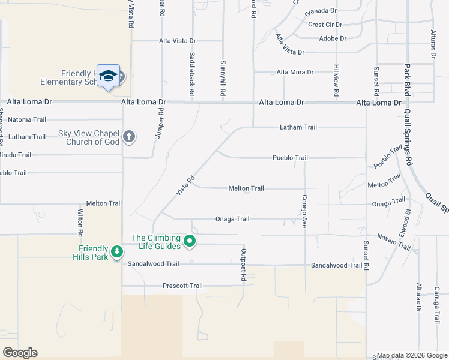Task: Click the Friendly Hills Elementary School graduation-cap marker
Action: pos(108,76)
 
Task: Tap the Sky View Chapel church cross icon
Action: pos(128,137)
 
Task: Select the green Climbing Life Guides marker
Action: pos(190,242)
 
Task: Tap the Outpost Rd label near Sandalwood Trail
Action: pos(244,265)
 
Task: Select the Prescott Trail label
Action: pos(182,286)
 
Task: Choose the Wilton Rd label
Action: pos(80,221)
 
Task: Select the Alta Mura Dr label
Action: pos(295,72)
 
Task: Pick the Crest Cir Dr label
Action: pos(325,25)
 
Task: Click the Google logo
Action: pos(19,353)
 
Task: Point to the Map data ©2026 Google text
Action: pos(411,355)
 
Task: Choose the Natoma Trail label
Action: pos(26,119)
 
